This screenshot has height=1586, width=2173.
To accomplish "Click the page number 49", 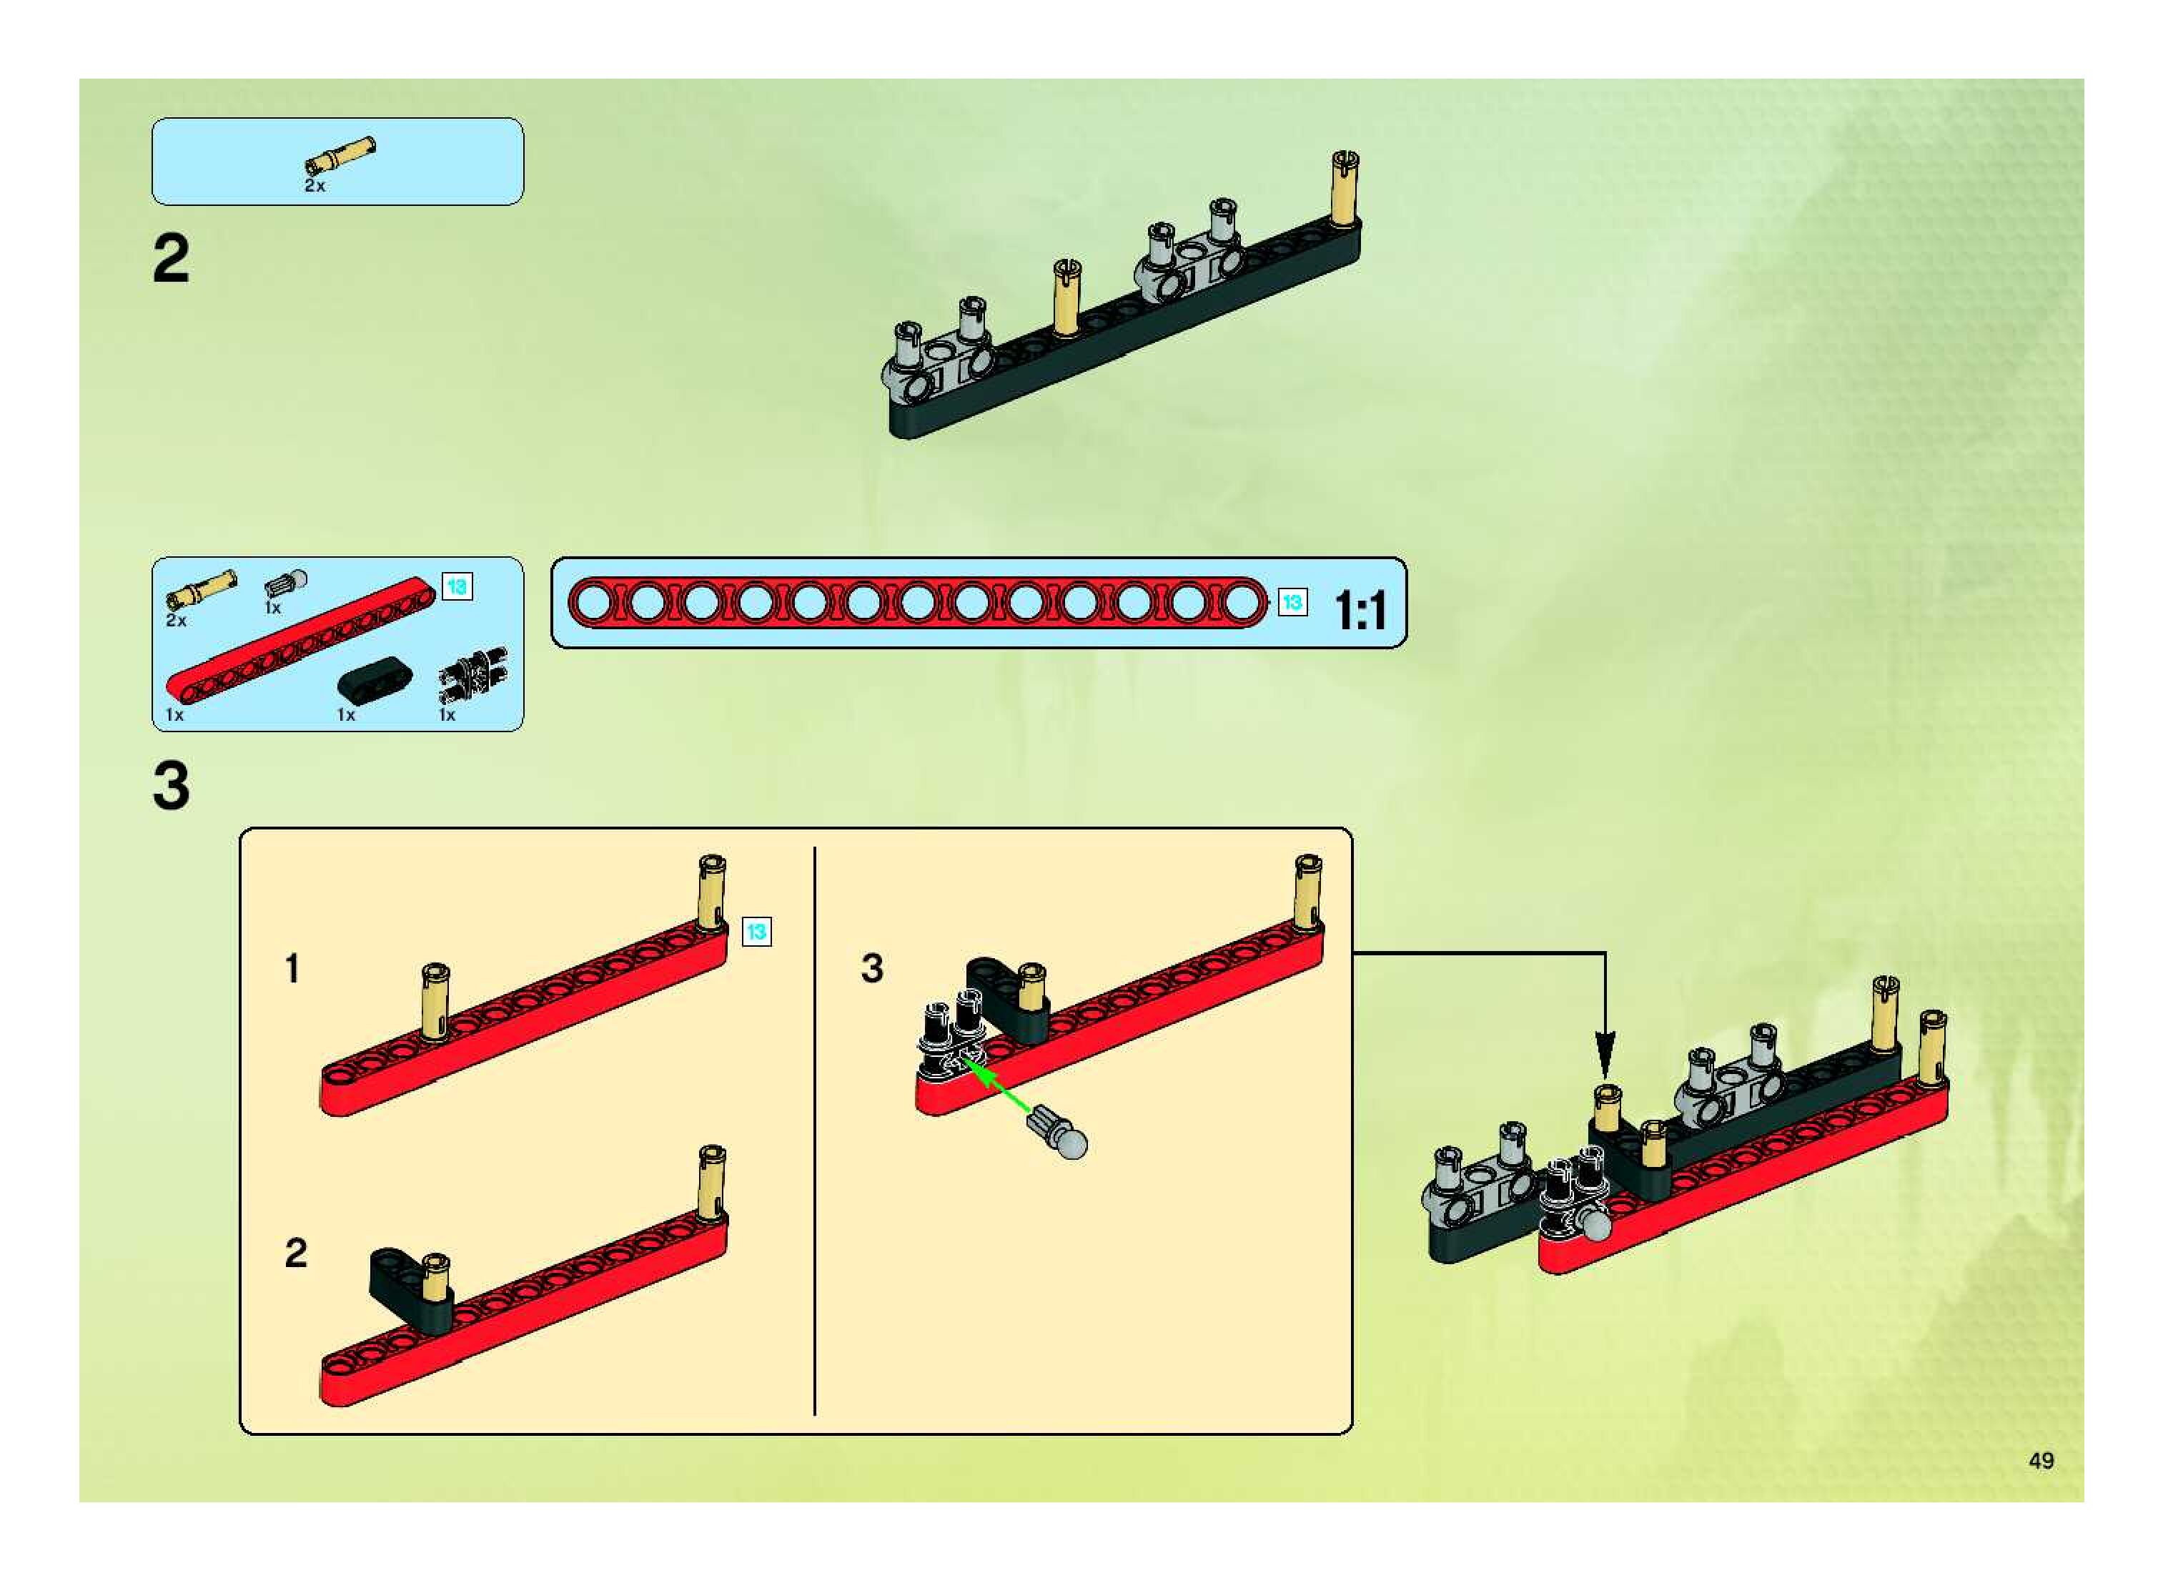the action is pyautogui.click(x=2041, y=1460).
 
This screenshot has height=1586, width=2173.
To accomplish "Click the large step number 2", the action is pyautogui.click(x=171, y=260).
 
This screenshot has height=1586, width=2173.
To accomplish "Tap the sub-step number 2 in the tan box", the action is pyautogui.click(x=296, y=1253).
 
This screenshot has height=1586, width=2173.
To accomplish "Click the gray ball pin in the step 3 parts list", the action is pyautogui.click(x=287, y=583).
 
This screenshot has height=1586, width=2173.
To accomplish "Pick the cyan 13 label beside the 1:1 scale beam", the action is pyautogui.click(x=1292, y=602).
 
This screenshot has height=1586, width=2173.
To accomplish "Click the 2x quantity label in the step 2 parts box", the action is pyautogui.click(x=314, y=186).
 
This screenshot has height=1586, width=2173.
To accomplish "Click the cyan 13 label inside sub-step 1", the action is pyautogui.click(x=756, y=931).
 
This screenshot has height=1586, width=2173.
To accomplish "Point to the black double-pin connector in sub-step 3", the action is pyautogui.click(x=950, y=1042).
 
